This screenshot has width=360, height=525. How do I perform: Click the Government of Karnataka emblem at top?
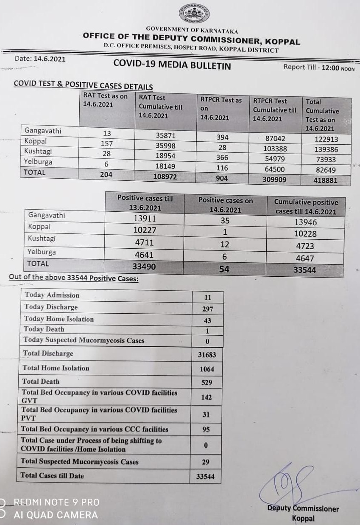point(193,14)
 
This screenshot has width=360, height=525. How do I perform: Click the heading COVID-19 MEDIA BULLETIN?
point(172,65)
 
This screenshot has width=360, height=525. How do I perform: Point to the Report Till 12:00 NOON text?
point(319,67)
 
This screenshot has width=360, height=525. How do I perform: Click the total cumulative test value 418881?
point(326,180)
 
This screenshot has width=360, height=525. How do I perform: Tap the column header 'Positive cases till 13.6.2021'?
point(145,203)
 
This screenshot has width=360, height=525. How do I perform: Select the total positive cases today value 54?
point(224,269)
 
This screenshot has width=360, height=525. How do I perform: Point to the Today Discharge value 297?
point(207,309)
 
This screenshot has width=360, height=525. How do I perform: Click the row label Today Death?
point(44,329)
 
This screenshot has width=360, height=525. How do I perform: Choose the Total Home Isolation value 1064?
point(207,369)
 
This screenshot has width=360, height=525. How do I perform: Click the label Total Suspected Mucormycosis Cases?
point(80,462)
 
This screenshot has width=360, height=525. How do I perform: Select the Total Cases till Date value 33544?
point(205,477)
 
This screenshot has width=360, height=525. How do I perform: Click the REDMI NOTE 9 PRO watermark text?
point(56,503)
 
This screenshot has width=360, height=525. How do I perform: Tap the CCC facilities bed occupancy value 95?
point(206,430)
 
